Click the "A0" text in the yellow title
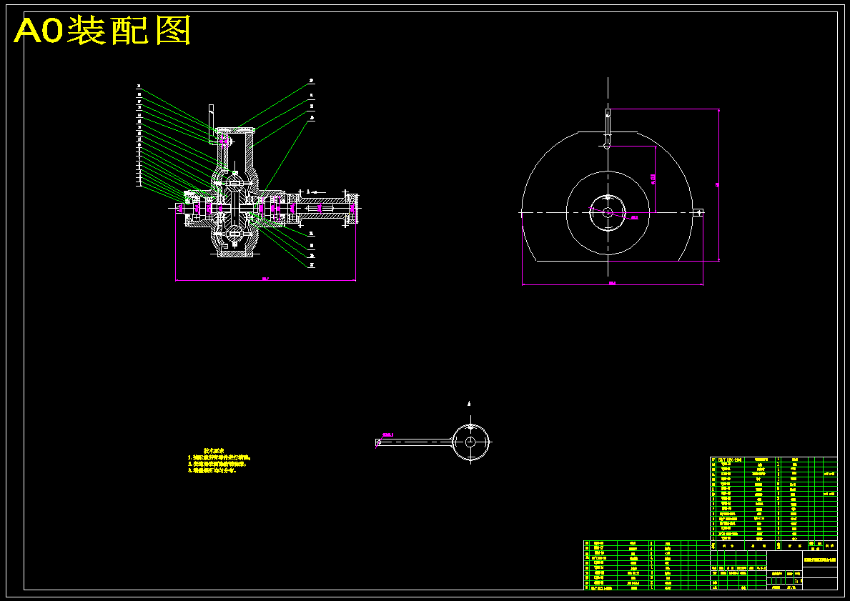pos(39,31)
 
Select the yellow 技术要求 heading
pos(214,451)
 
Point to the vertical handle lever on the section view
pos(212,118)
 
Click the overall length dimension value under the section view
pos(265,279)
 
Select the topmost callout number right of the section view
pos(312,81)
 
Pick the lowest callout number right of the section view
pos(312,265)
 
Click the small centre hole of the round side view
pos(607,212)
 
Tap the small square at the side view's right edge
pos(699,212)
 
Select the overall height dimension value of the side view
pos(718,185)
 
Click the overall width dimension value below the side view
pos(612,284)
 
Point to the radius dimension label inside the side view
pos(633,217)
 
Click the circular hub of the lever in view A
pos(470,442)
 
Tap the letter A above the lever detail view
pos(469,404)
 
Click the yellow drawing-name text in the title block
pos(819,561)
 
